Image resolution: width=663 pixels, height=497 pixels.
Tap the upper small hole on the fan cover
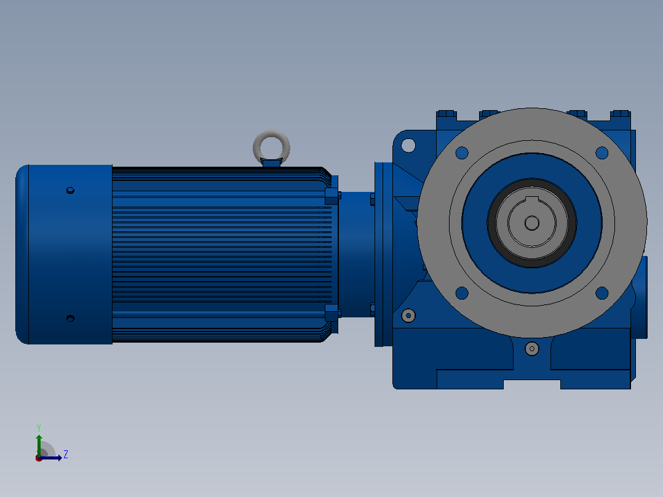coord(71,191)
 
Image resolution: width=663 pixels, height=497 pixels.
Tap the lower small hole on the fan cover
coord(71,319)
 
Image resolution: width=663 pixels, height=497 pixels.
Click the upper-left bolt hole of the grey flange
coord(462,153)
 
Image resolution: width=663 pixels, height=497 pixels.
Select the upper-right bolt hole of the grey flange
coord(601,153)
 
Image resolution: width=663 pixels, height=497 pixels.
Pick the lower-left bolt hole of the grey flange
coord(462,293)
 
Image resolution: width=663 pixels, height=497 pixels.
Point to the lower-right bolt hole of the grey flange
coord(601,293)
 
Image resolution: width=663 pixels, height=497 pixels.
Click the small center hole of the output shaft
coord(532,223)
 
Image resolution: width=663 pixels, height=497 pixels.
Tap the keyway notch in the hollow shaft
coord(532,200)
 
